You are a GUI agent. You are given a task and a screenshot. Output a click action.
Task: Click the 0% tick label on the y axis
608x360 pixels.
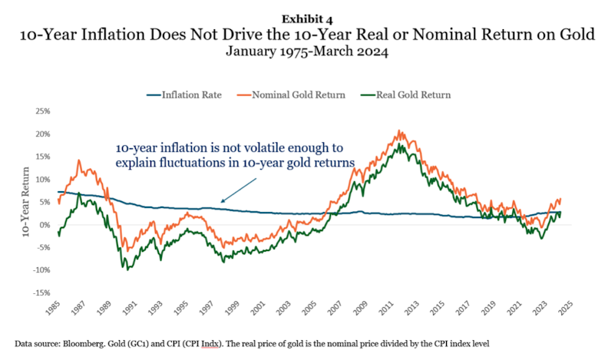coord(44,225)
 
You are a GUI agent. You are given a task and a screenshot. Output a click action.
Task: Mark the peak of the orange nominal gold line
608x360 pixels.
coord(399,131)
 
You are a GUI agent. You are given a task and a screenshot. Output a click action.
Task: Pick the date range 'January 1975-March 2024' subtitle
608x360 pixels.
coord(304,52)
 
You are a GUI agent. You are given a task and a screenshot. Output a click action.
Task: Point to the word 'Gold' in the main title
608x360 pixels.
coord(490,34)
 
